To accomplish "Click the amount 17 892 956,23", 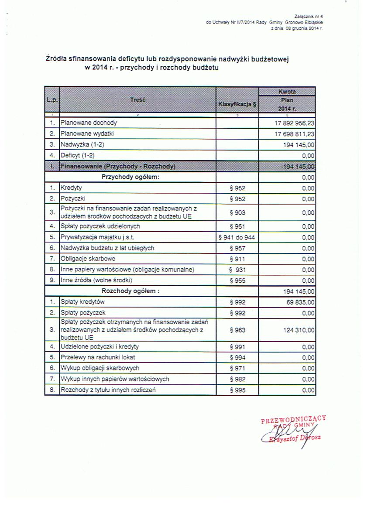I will coord(293,123).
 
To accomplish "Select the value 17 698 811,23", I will coord(293,134).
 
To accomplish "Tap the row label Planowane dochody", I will coord(89,123).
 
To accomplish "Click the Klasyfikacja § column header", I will coord(237,105).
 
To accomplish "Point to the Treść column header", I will coord(137,100).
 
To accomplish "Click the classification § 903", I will coord(237,212).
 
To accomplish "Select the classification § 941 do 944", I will coord(237,238).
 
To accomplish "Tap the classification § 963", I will coord(237,330).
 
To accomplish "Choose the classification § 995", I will coord(237,390).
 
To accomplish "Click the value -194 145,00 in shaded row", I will coord(298,166).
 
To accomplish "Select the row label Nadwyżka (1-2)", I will coord(82,144).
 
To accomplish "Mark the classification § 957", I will coord(237,248).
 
